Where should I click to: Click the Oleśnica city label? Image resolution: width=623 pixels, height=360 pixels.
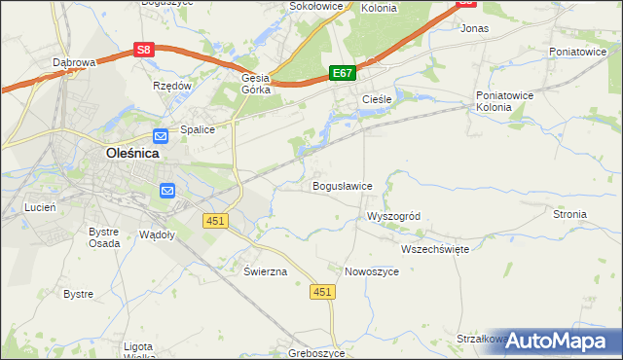132,153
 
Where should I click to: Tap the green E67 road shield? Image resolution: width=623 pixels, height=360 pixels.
342,73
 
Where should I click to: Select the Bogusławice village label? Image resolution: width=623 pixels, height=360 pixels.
341,185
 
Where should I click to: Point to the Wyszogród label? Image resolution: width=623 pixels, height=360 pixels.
392,216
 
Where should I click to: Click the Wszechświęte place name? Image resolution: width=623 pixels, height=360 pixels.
435,249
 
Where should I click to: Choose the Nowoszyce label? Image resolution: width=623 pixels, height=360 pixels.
372,271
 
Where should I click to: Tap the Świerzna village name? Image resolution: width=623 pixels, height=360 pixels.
266,271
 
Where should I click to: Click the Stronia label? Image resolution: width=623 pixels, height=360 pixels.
569,214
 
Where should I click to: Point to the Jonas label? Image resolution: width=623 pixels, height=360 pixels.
473,29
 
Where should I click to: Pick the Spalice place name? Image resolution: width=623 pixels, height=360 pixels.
197,128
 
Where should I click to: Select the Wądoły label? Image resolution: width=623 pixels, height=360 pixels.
157,234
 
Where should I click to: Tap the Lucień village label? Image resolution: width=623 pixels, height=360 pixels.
41,207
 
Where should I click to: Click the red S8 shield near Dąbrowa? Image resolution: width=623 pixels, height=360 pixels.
143,49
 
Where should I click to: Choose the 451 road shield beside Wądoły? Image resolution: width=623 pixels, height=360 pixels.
215,221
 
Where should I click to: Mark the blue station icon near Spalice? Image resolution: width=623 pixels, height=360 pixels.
161,136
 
